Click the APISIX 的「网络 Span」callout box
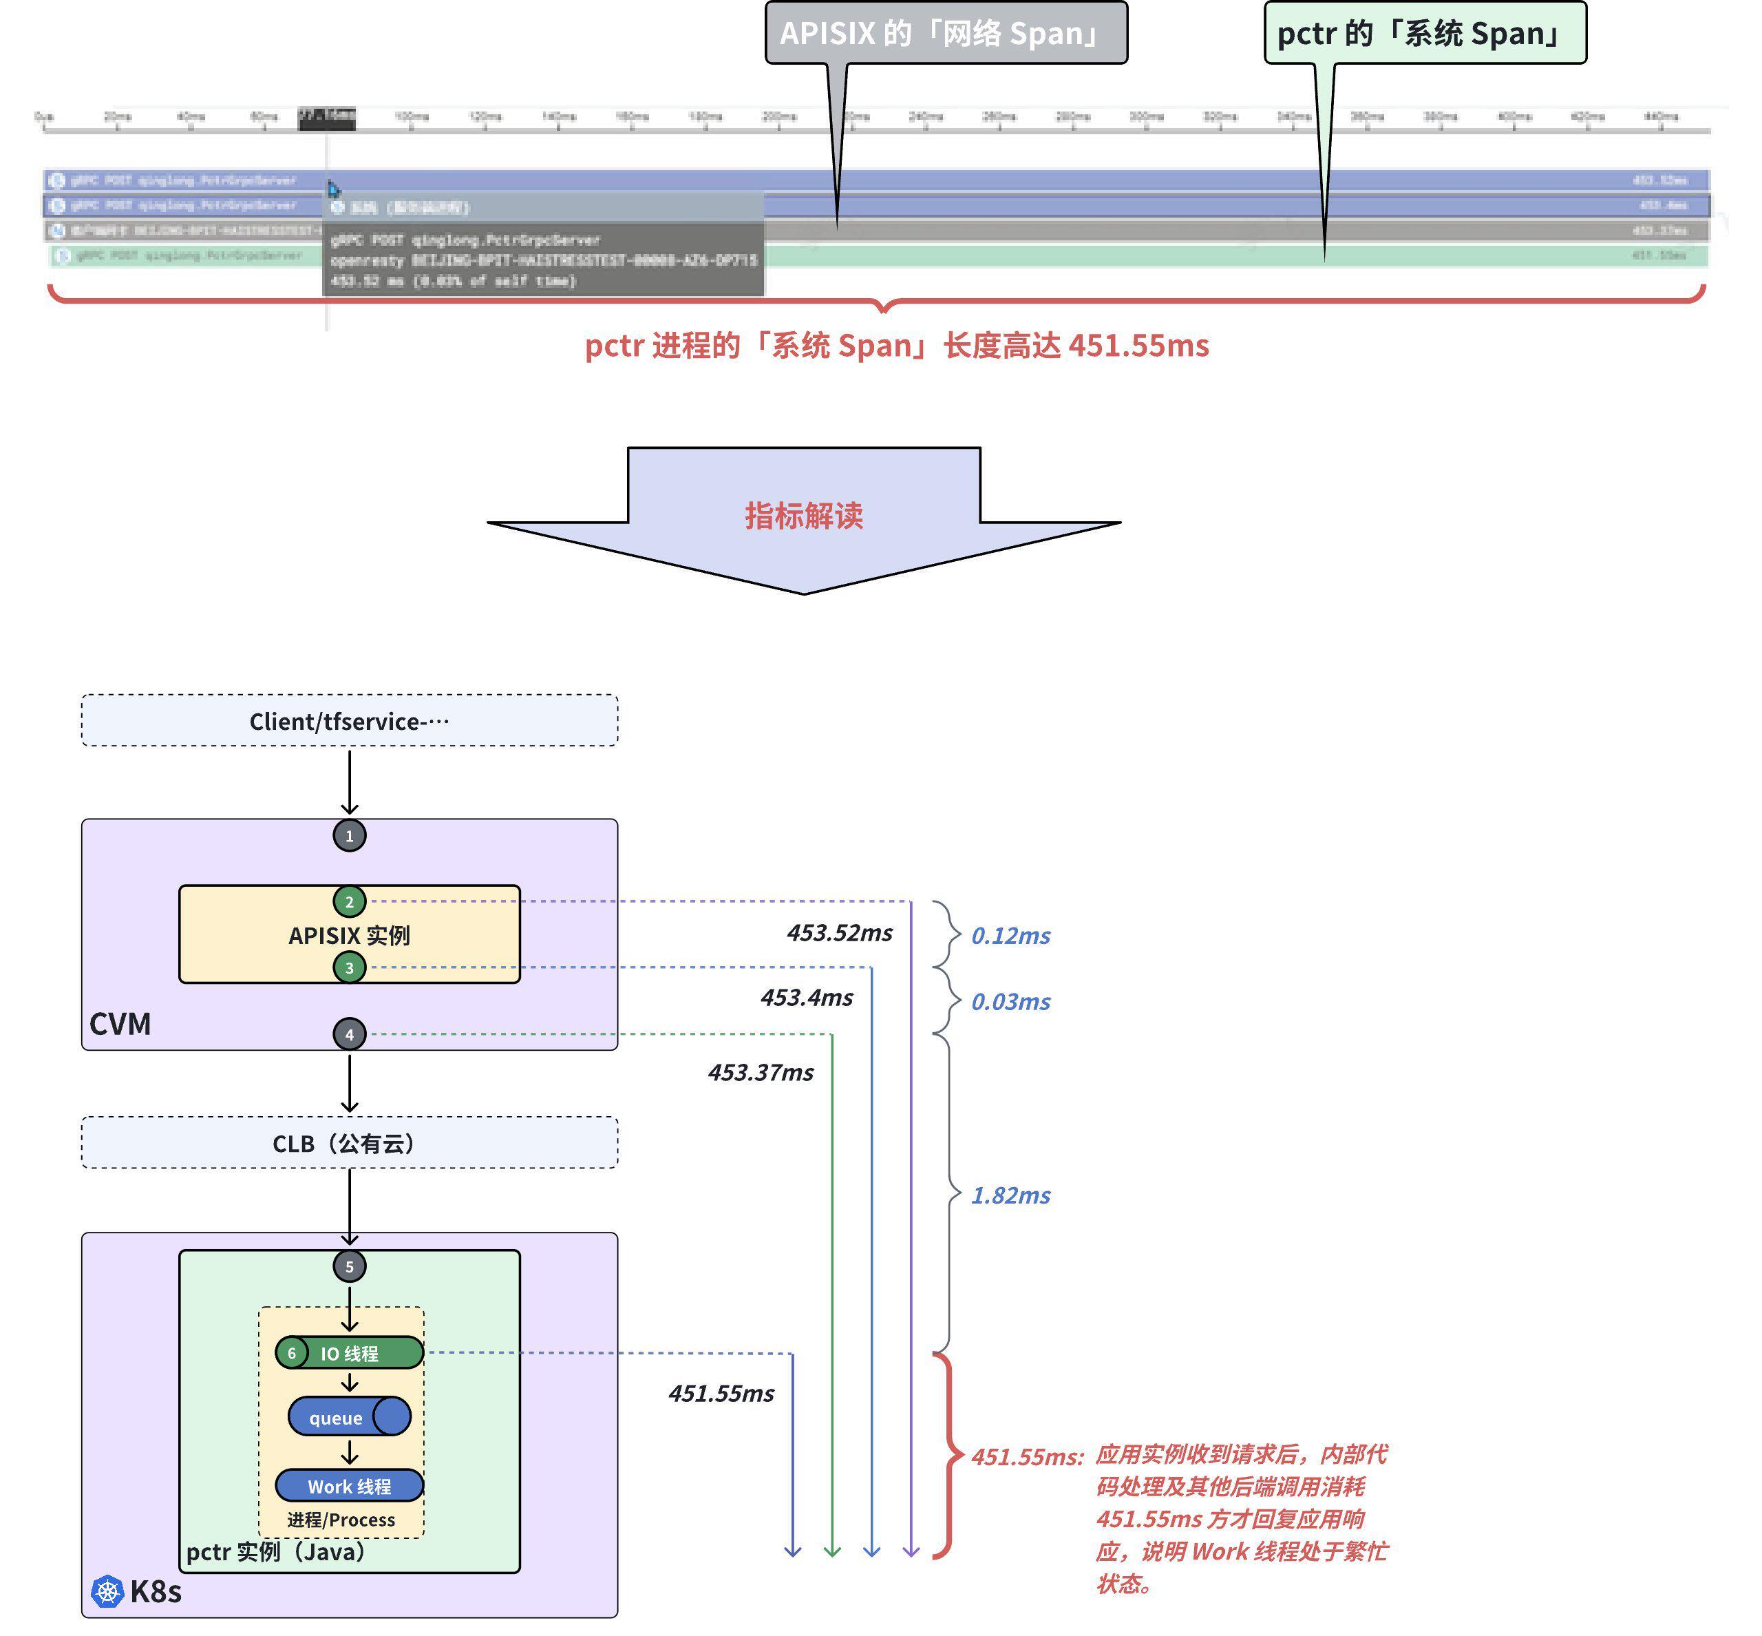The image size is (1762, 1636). point(945,34)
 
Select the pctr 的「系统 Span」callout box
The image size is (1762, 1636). point(1424,34)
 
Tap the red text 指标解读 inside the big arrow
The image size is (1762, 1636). point(803,515)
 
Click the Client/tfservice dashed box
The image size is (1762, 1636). point(350,721)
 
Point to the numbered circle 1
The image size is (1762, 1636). point(350,835)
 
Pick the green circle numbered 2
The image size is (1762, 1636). point(350,901)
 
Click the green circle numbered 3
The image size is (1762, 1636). point(350,967)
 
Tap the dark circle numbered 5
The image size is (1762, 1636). point(350,1266)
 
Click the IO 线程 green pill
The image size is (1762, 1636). point(350,1353)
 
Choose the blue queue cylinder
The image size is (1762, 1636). point(350,1416)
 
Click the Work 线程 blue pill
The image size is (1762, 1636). point(350,1485)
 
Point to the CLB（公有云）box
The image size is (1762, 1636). point(350,1143)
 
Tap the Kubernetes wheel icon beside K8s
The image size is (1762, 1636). point(108,1591)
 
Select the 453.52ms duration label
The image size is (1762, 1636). point(839,932)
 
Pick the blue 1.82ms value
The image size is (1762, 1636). point(1010,1195)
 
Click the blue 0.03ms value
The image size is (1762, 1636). point(1010,1001)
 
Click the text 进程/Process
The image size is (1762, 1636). point(341,1519)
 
